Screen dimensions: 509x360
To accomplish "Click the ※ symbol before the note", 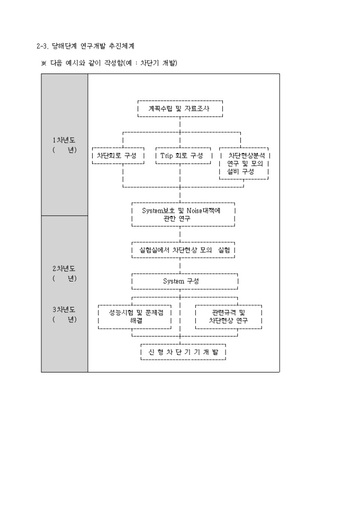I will click(44, 63).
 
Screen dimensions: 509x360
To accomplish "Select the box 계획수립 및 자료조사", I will click(179, 108).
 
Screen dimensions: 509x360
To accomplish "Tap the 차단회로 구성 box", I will click(117, 156).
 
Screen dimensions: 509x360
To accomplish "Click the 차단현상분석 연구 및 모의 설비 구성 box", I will click(244, 163).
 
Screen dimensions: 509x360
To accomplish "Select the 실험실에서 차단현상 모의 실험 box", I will click(183, 249).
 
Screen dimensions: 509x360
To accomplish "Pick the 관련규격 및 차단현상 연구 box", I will click(228, 316).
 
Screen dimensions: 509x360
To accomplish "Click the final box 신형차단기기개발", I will click(183, 352).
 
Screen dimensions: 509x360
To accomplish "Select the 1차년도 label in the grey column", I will click(64, 140).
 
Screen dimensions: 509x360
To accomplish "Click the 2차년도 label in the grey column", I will click(64, 269).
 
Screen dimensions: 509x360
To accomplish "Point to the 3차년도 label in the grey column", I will click(64, 310).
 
